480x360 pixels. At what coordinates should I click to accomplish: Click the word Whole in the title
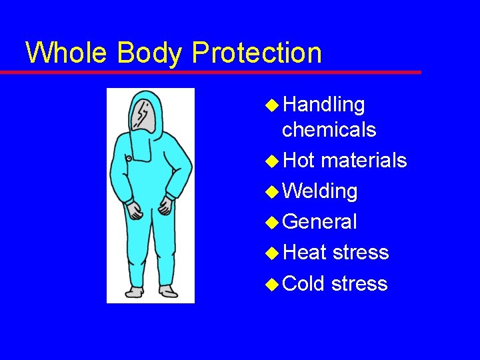(65, 52)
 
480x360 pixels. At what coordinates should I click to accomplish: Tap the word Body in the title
(144, 52)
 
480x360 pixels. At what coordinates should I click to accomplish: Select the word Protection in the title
(255, 52)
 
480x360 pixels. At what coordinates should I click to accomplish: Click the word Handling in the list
(324, 105)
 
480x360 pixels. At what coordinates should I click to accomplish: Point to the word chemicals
(329, 129)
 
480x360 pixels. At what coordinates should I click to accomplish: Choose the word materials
(364, 161)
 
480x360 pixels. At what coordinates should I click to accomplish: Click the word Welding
(320, 191)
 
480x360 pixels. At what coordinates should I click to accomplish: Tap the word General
(320, 222)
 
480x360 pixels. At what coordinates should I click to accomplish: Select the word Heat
(305, 253)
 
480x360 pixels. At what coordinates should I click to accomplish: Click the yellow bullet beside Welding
(272, 192)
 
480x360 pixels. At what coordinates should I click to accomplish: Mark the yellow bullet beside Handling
(272, 105)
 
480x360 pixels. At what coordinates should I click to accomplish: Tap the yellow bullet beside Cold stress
(272, 284)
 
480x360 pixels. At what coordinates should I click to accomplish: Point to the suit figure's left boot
(168, 291)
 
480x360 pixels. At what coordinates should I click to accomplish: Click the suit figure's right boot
(133, 291)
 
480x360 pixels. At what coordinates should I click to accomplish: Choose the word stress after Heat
(360, 253)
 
